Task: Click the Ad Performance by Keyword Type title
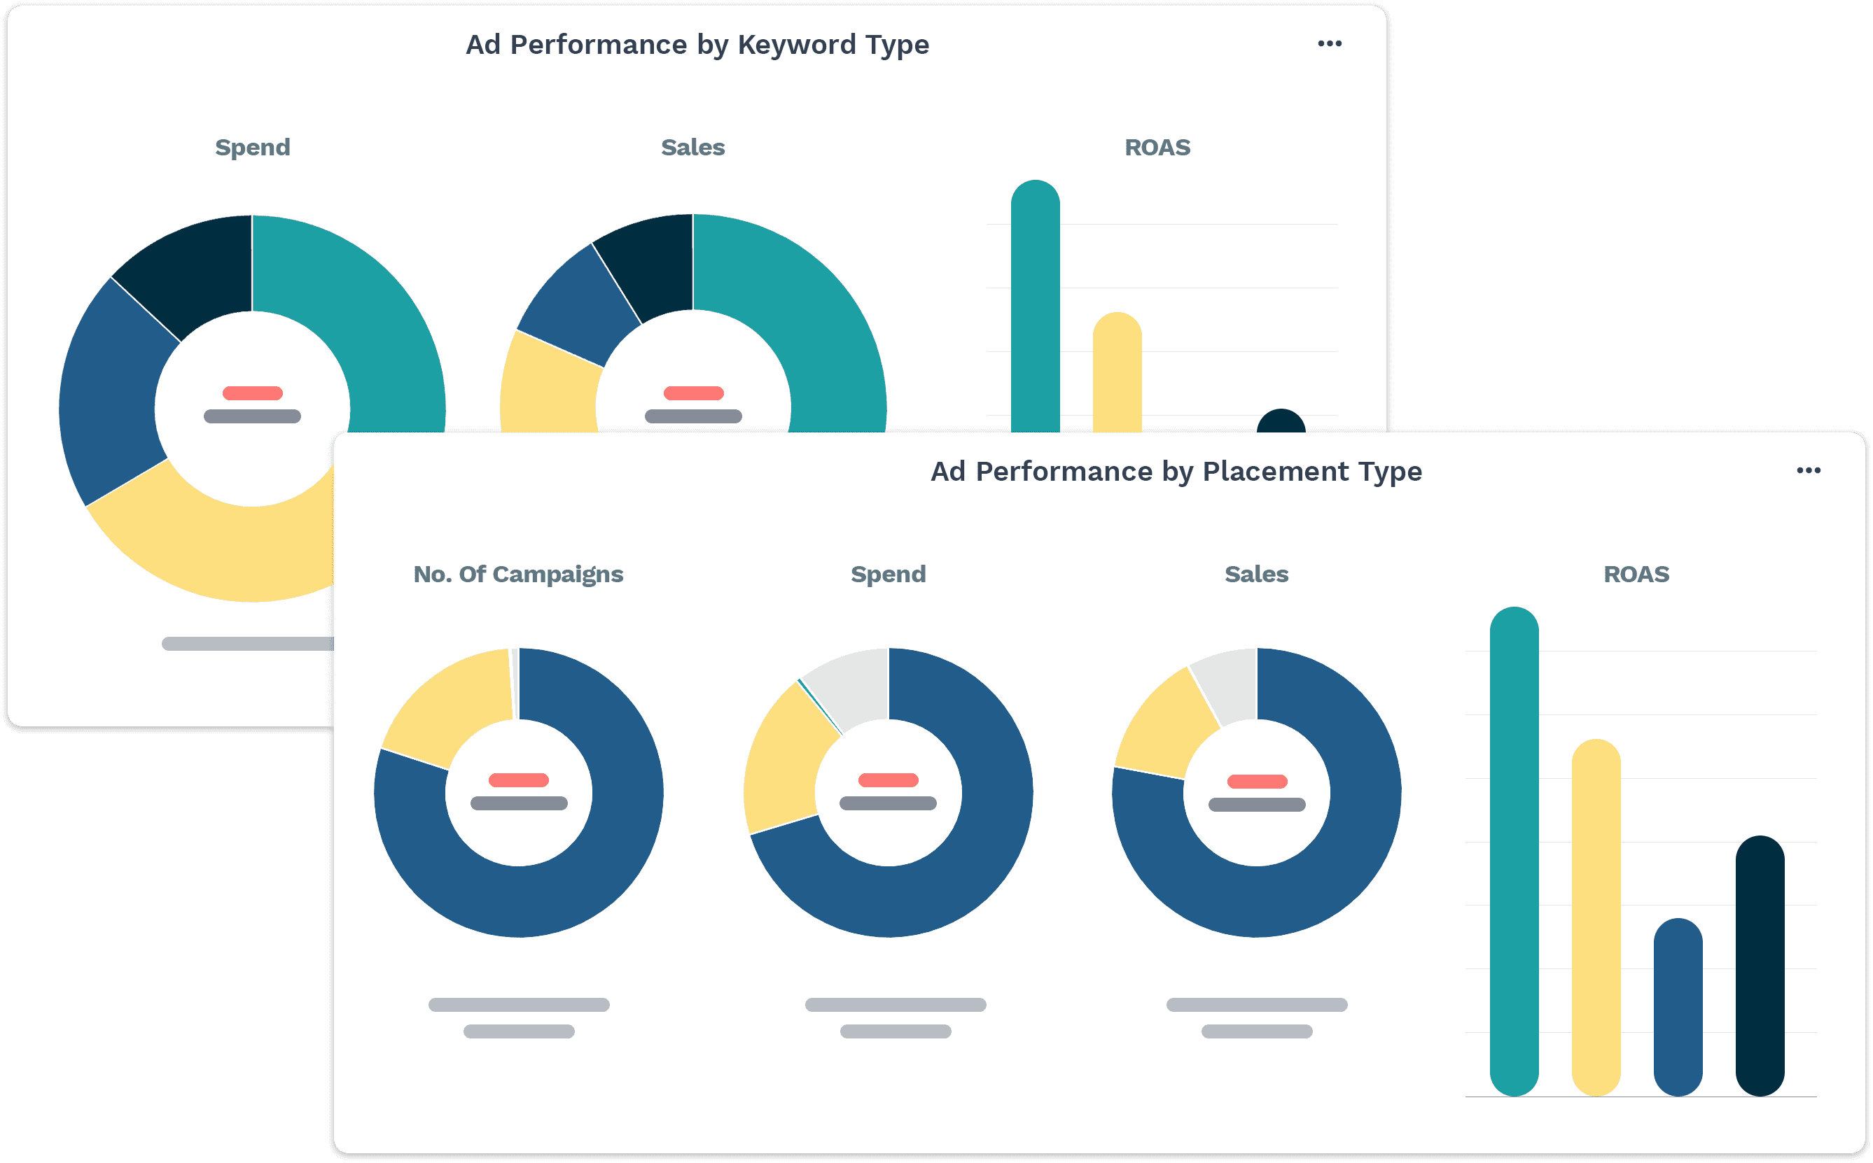[x=697, y=45]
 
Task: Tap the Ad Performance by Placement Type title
[x=1176, y=471]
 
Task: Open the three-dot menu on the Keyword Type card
[x=1330, y=44]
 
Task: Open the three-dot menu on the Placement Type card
[x=1809, y=471]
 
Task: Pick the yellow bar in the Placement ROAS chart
[x=1596, y=915]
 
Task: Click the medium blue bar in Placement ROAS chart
[x=1678, y=1008]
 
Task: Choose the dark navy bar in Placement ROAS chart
[x=1760, y=966]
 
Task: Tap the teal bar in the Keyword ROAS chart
[x=1035, y=308]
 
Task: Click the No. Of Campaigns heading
[x=518, y=574]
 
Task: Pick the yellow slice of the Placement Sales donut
[x=1166, y=727]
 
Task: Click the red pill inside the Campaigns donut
[x=519, y=780]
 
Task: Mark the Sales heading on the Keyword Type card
[x=692, y=147]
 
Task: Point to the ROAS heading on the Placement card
[x=1636, y=574]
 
